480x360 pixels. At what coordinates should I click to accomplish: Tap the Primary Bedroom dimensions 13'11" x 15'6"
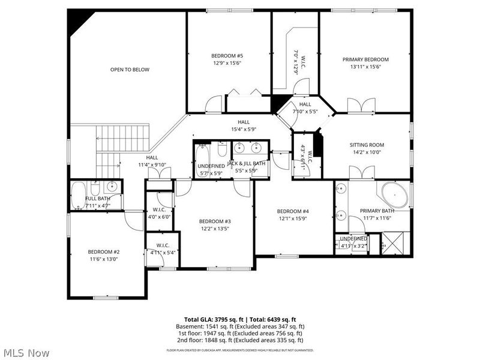click(365, 67)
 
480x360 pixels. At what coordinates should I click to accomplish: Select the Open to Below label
click(130, 70)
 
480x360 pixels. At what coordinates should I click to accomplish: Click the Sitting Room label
click(367, 145)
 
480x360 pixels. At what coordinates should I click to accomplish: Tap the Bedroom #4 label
click(293, 211)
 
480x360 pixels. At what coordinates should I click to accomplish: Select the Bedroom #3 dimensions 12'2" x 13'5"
click(215, 229)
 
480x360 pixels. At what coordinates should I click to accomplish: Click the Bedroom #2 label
click(104, 251)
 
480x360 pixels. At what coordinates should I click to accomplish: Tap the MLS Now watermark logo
click(26, 353)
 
